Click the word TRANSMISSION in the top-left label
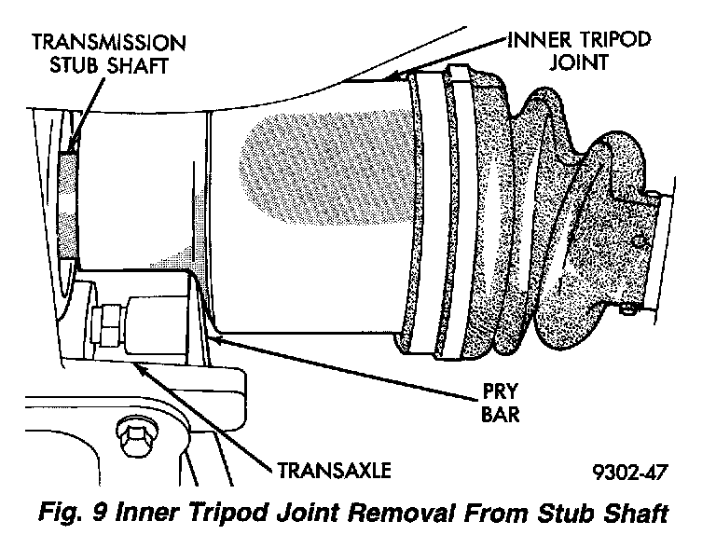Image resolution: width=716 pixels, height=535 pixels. (107, 43)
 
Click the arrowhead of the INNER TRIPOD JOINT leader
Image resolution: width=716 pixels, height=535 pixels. (391, 77)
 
